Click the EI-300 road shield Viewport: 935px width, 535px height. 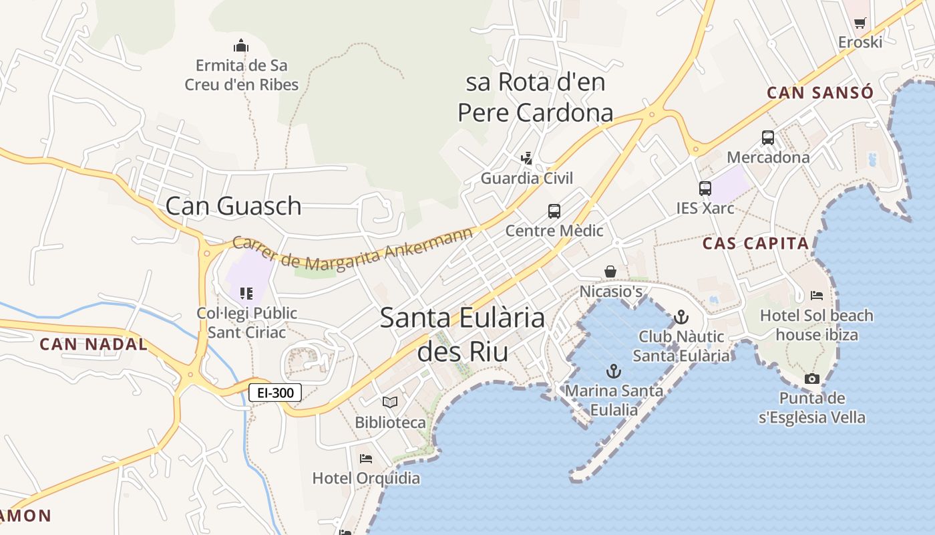[275, 393]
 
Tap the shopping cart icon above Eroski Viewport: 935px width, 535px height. [860, 23]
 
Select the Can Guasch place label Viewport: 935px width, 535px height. [233, 206]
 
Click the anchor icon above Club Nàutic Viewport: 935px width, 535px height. [681, 316]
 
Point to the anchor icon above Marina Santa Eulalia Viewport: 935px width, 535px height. [613, 370]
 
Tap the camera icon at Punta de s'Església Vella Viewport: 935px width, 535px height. [812, 379]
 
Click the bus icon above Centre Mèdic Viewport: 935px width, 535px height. [554, 211]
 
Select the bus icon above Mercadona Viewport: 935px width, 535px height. [768, 138]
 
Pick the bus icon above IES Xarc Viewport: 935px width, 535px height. [705, 189]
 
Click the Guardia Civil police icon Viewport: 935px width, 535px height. [527, 158]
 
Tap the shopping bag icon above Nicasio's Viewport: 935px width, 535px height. [610, 272]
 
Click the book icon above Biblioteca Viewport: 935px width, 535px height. [390, 402]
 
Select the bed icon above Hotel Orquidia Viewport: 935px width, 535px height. [366, 459]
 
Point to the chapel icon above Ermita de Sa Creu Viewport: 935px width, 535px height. [241, 45]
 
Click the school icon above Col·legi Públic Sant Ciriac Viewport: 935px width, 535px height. [246, 293]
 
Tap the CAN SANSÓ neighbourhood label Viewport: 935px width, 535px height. [819, 93]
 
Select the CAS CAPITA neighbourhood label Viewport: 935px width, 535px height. [755, 243]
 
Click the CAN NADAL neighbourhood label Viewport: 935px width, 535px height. [93, 344]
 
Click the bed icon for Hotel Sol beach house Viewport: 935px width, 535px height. [817, 295]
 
